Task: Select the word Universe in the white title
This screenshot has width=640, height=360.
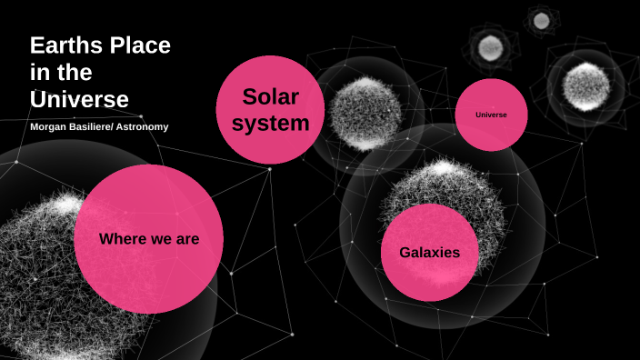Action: click(x=79, y=98)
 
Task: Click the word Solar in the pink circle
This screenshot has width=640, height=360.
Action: click(x=270, y=96)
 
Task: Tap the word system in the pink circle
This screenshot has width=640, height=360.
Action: click(x=270, y=123)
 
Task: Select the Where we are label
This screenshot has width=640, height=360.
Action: click(x=149, y=239)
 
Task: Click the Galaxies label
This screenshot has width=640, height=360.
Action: click(x=429, y=253)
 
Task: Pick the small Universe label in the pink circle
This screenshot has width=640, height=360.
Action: click(x=491, y=115)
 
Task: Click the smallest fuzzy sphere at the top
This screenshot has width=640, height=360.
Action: click(x=542, y=20)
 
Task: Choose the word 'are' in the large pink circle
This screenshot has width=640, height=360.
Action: click(x=185, y=239)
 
